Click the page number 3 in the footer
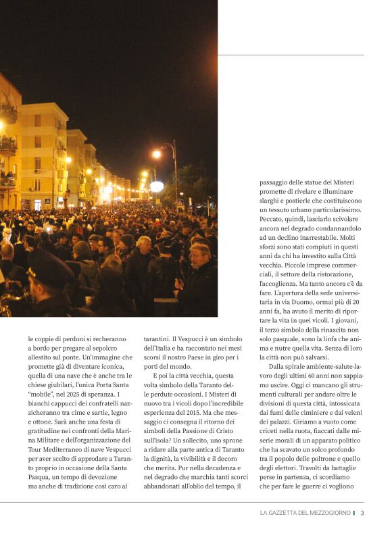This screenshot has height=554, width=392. coord(362,513)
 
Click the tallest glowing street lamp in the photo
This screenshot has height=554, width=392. coord(157,154)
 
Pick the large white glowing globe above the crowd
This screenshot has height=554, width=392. coord(157,186)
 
